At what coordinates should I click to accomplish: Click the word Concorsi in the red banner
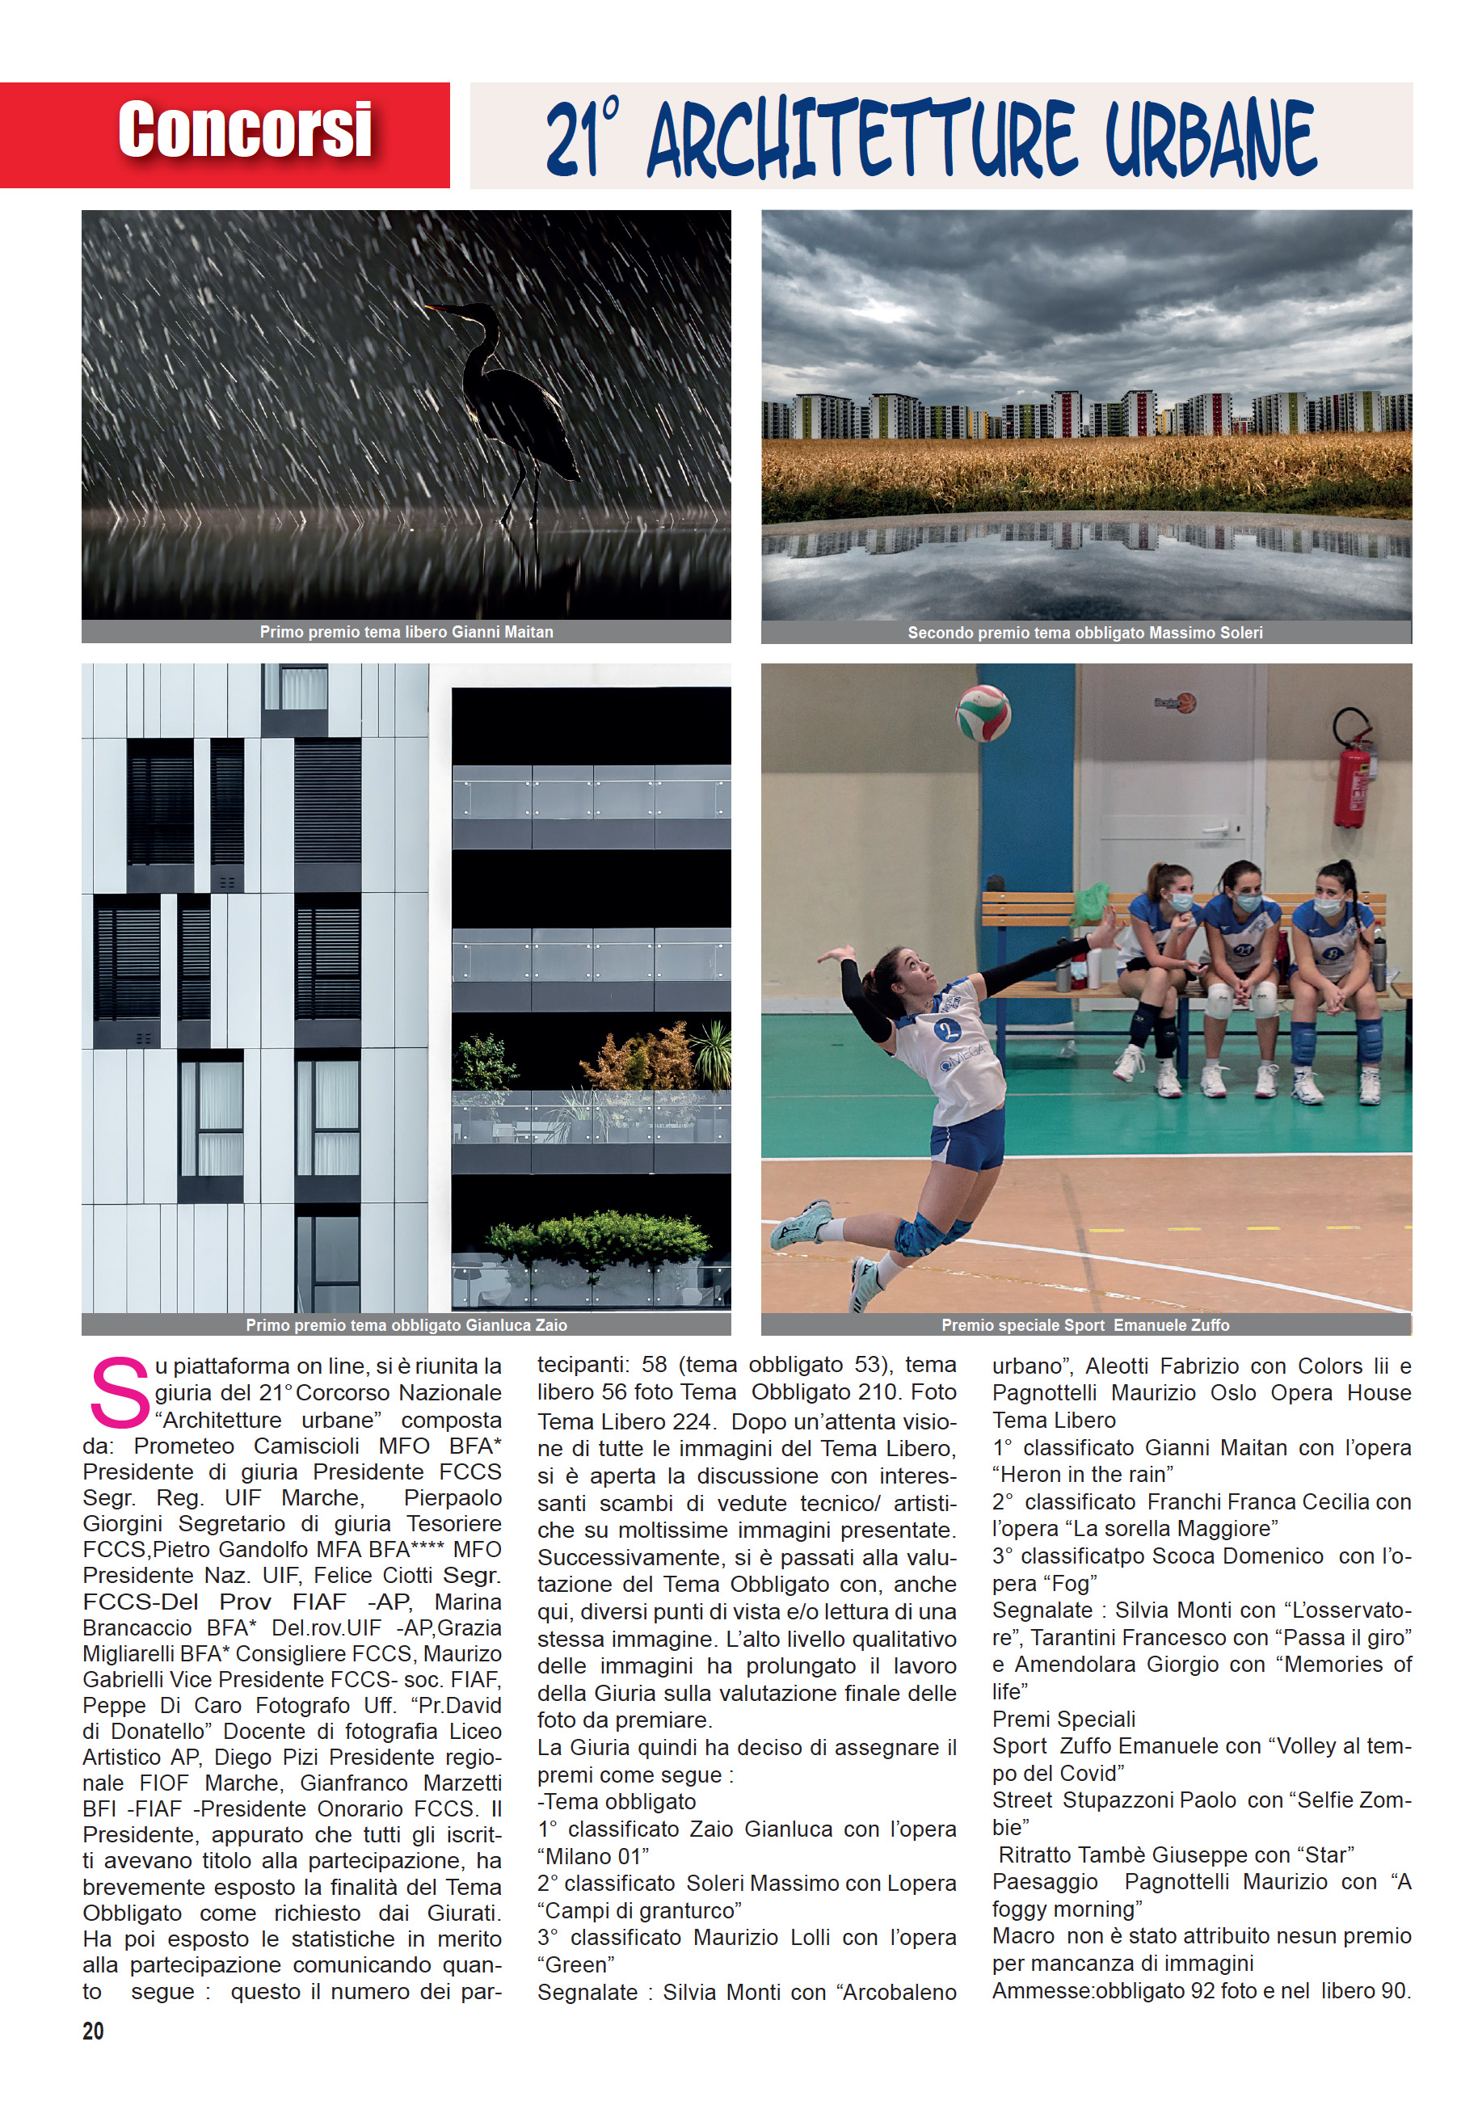[x=245, y=130]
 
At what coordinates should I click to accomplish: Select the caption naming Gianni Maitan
[x=406, y=632]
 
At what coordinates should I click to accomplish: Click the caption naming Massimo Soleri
[x=1084, y=633]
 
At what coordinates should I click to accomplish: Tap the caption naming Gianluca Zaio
[x=406, y=1324]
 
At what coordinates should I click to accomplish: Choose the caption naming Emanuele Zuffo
[x=1084, y=1324]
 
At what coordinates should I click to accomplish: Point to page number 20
[x=93, y=2031]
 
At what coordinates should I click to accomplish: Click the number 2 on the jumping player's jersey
[x=947, y=1029]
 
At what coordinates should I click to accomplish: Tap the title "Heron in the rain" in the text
[x=1082, y=1474]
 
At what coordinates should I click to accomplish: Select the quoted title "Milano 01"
[x=592, y=1857]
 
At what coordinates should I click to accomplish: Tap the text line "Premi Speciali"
[x=1063, y=1719]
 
